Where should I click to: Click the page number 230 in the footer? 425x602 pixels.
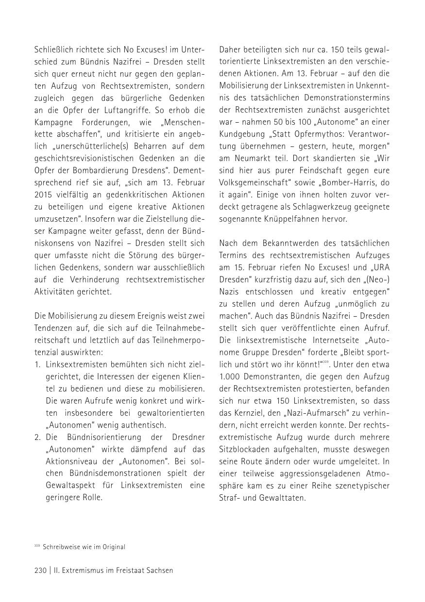40,570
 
